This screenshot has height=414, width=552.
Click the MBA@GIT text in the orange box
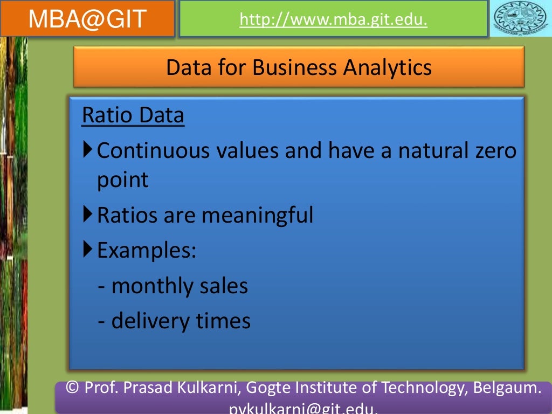point(88,19)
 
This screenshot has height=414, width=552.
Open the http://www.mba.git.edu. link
point(333,20)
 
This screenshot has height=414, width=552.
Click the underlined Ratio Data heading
point(133,115)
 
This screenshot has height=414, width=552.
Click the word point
point(122,180)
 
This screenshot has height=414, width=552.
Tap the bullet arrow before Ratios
point(88,215)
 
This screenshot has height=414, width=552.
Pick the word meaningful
point(257,216)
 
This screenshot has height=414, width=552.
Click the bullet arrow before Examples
point(88,249)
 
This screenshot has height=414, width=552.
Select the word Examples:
point(147,251)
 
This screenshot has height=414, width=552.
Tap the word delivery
point(147,321)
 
